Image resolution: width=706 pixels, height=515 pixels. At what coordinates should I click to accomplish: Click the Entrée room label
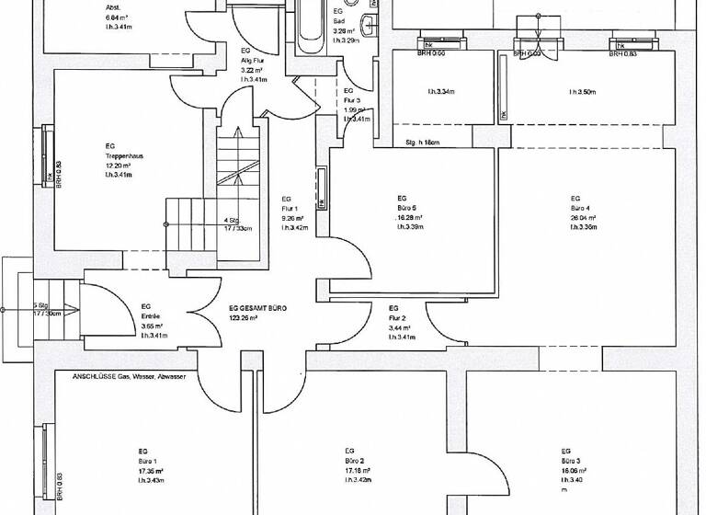[x=153, y=316]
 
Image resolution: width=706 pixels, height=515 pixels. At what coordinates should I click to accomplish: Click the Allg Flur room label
[x=253, y=60]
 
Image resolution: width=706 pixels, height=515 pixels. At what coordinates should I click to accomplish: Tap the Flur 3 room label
[x=355, y=101]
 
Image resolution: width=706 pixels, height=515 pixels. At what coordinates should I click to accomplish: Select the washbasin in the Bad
[x=368, y=25]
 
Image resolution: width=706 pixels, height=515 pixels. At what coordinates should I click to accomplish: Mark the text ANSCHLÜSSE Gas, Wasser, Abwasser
[x=129, y=377]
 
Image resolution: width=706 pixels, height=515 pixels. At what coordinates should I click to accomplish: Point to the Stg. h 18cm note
[x=423, y=143]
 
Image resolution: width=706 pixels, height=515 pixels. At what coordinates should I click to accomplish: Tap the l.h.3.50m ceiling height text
[x=583, y=92]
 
